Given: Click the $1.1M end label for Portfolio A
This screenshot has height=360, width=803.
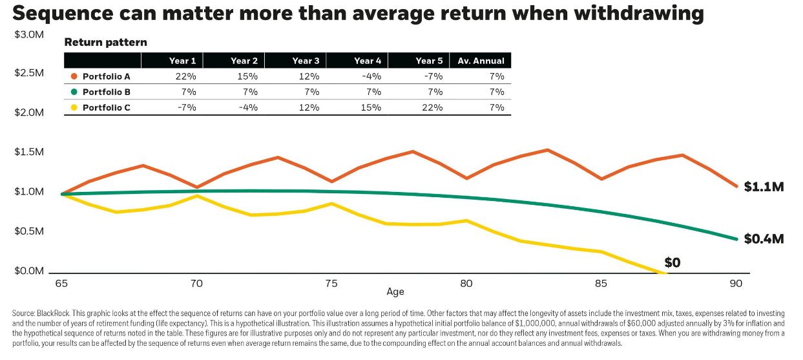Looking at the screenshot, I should pos(763,187).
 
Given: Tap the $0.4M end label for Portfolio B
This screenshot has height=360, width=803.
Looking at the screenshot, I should pos(764,239).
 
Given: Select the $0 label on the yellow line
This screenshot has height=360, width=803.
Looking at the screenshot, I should pos(673,262).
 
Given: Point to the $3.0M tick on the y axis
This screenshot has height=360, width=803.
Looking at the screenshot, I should pos(29,34).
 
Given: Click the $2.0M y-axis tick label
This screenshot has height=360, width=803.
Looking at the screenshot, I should pos(29,112).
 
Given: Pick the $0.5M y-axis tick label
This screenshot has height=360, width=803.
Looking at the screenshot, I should pos(29,231).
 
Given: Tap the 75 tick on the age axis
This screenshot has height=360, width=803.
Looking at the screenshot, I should pos(331,284).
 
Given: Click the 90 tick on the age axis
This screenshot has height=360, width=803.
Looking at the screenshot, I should pos(735,284).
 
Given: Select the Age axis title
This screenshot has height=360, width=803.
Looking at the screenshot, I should pos(395,292).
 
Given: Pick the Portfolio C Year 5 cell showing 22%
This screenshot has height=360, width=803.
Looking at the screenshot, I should pos(433,107).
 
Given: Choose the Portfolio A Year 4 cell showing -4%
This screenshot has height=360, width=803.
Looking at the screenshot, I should pos(371,76).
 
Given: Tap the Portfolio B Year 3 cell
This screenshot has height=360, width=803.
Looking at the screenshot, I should pos(310,92).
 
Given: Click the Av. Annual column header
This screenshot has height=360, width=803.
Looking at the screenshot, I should pos(481,61).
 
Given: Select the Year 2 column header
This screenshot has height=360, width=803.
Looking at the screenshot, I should pos(244,61).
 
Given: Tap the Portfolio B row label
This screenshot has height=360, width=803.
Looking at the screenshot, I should pos(107,92).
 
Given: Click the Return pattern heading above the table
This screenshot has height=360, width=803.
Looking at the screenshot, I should pos(106,43).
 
